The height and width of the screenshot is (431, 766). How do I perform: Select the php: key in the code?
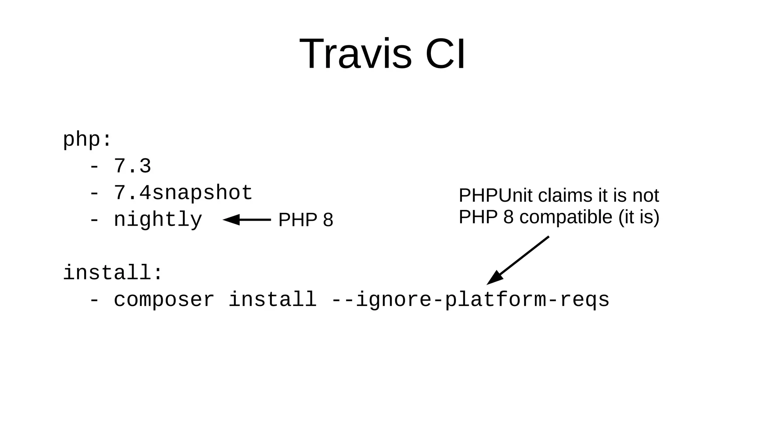tap(87, 140)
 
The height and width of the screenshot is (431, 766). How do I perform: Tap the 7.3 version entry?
tap(132, 166)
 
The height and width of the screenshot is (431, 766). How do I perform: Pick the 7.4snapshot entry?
tap(183, 193)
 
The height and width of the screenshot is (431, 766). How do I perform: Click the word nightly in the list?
tap(158, 220)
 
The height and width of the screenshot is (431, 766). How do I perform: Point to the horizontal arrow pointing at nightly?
tap(247, 220)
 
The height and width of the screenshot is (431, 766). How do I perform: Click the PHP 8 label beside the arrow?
tap(306, 220)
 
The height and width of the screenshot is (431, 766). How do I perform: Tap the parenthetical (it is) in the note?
tap(639, 217)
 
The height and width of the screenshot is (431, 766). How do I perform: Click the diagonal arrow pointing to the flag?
tap(518, 260)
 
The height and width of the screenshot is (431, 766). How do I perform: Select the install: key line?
tap(113, 273)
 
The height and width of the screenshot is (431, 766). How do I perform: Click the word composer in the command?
tap(164, 300)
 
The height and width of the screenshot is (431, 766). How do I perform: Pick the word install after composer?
tap(272, 300)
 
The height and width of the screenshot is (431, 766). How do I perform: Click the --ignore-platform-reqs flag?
tap(471, 300)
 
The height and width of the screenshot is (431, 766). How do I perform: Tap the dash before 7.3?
tap(94, 167)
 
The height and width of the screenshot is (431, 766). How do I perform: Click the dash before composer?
tap(94, 300)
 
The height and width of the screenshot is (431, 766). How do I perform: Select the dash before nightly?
tap(94, 220)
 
